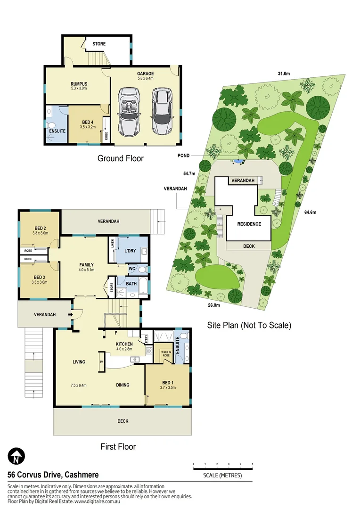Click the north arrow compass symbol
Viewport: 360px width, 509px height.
pyautogui.click(x=16, y=456)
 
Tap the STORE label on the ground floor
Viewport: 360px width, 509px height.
pyautogui.click(x=99, y=44)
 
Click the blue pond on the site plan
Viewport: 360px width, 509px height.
pyautogui.click(x=238, y=161)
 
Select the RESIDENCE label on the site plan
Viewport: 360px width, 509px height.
pyautogui.click(x=249, y=224)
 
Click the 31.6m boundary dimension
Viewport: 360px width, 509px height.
pyautogui.click(x=283, y=73)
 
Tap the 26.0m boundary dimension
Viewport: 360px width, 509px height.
pyautogui.click(x=214, y=305)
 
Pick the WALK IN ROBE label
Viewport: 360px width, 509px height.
pyautogui.click(x=166, y=354)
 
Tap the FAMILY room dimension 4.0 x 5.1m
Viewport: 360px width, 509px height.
pyautogui.click(x=86, y=270)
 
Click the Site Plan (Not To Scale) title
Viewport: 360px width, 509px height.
pyautogui.click(x=250, y=325)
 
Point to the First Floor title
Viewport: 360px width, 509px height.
pyautogui.click(x=118, y=446)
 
